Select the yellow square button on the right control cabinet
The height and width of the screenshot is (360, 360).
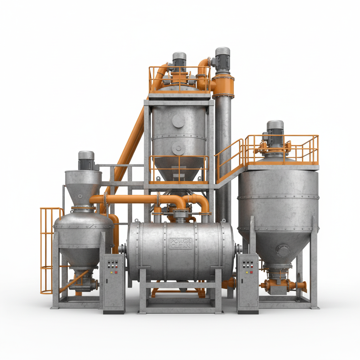click(247, 271)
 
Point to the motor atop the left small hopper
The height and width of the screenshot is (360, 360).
click(86, 161)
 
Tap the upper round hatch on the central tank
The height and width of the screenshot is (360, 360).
click(179, 121)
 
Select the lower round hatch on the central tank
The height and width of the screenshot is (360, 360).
click(179, 149)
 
